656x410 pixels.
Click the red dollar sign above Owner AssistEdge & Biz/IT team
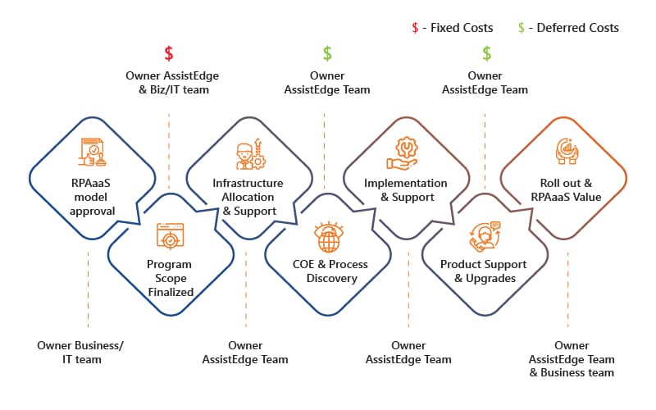coord(169,53)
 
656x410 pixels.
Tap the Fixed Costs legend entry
coord(453,28)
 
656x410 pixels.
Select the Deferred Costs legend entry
coord(568,28)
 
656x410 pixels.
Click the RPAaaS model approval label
coord(91,197)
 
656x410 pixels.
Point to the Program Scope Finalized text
coord(171,278)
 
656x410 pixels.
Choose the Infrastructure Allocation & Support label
coord(248,197)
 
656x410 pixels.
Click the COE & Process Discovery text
coord(330,271)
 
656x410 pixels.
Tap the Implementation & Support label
coord(406,190)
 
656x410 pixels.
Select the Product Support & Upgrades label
coord(484,271)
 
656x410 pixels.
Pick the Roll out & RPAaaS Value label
coord(566,190)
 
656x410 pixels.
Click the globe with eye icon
coord(329,237)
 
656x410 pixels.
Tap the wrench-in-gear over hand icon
coord(403,153)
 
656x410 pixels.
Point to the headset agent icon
coord(485,237)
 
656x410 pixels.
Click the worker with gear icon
coord(251,154)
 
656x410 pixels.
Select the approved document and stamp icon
coord(93,152)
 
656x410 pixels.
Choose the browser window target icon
coord(171,235)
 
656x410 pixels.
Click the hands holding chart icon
coord(567,151)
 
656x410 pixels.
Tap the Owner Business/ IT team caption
coord(80,353)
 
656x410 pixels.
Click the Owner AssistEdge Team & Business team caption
coord(572,359)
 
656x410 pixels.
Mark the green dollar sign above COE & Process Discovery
coord(327,53)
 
